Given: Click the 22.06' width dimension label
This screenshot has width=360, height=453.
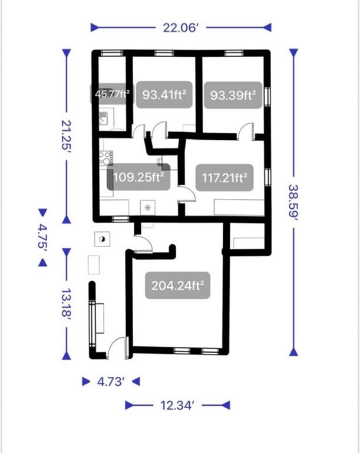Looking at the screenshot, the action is [x=181, y=28].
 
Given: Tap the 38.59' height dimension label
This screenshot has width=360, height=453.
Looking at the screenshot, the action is [x=293, y=202].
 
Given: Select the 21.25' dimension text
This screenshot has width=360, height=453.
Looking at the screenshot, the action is [x=67, y=135].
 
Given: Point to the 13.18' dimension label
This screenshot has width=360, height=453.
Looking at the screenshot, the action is [x=67, y=303].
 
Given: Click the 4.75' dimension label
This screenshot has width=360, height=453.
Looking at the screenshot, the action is [x=43, y=237].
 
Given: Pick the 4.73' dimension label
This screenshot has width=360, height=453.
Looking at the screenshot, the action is [x=111, y=382].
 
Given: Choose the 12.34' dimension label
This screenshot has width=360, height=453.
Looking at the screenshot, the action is [x=177, y=405].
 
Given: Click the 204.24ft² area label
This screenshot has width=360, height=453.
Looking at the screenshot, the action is [x=177, y=285].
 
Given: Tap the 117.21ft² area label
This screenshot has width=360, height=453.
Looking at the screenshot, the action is [x=224, y=178].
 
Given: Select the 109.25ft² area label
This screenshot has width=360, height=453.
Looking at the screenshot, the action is [x=138, y=177].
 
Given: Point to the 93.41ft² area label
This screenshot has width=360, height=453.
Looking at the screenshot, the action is [x=164, y=94].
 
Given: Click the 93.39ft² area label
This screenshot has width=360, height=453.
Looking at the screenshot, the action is [x=233, y=95].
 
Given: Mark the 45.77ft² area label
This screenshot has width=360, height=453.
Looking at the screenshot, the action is [x=112, y=94].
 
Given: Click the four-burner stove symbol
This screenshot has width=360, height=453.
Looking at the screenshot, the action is [x=105, y=158].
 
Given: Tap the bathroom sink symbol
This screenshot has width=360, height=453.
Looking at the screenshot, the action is [x=104, y=119].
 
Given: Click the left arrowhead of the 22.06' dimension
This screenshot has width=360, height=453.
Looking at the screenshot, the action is [x=95, y=28].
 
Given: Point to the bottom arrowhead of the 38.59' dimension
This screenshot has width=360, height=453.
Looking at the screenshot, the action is [x=293, y=352].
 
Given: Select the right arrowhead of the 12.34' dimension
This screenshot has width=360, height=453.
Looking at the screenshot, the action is [x=226, y=405].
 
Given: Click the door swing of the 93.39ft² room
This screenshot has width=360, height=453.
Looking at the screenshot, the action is [x=245, y=132].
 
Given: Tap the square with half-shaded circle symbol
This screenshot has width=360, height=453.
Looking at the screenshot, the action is [x=103, y=239].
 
